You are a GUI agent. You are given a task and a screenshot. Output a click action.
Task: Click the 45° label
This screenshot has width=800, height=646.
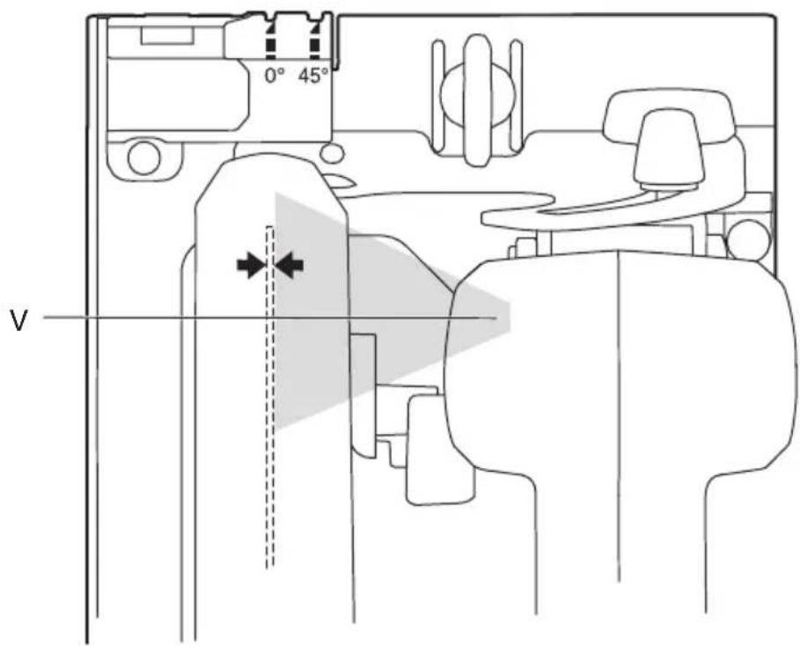point(313,76)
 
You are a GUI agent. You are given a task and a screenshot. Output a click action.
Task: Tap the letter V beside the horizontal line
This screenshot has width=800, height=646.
point(18,321)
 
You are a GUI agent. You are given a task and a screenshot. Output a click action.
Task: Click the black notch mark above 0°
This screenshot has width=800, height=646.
point(270,38)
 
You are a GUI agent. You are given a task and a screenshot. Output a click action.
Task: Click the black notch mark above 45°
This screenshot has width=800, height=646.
point(315,38)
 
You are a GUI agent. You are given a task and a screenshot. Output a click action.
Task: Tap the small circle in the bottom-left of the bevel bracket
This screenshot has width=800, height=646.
point(143,158)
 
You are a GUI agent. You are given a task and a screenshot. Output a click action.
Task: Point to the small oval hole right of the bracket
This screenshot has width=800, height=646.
point(332,153)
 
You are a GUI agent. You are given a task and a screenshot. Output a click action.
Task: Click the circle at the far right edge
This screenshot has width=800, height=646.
point(747,239)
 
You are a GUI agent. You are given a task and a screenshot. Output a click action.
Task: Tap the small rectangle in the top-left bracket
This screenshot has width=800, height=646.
point(166,36)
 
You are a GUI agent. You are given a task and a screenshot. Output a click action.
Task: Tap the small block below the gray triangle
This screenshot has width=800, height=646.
point(440,449)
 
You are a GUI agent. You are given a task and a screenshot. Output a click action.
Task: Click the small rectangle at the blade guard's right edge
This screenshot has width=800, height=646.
point(363,366)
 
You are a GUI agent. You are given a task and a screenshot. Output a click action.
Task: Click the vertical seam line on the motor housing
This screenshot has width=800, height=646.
point(619,415)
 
